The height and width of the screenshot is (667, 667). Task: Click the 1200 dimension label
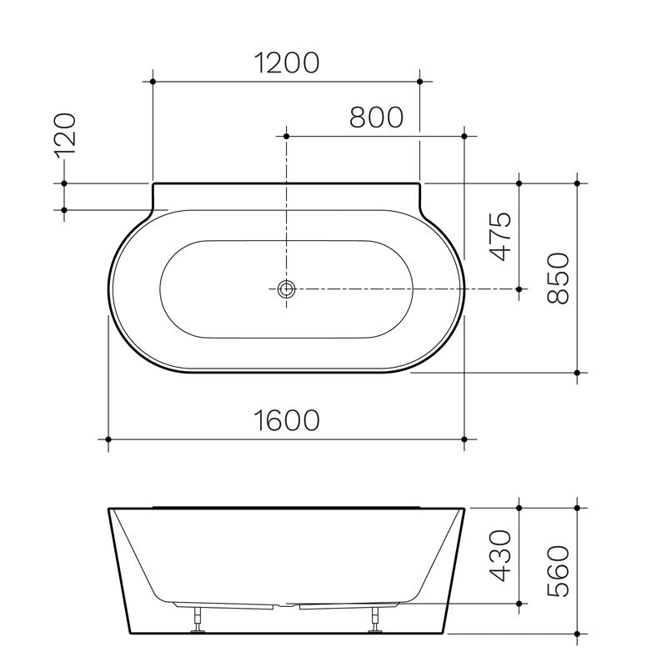[287, 63]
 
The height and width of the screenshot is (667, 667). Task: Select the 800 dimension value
[376, 117]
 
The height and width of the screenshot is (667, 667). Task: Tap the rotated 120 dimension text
[66, 133]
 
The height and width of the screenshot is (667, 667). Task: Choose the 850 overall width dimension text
[556, 278]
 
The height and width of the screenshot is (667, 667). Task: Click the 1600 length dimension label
[287, 420]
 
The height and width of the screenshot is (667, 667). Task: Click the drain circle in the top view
[287, 288]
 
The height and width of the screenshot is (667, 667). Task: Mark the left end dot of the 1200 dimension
[153, 82]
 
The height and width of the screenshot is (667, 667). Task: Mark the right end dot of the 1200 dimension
[419, 82]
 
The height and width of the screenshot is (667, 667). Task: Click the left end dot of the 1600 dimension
[108, 439]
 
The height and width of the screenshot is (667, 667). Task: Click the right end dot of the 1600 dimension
[464, 439]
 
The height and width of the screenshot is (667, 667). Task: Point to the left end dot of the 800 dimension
[287, 135]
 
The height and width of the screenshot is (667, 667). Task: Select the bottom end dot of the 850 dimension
[576, 373]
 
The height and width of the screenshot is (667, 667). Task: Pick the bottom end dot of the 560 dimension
[576, 634]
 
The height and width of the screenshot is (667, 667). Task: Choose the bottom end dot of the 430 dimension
[519, 603]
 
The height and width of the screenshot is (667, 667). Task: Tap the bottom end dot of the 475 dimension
[519, 288]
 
